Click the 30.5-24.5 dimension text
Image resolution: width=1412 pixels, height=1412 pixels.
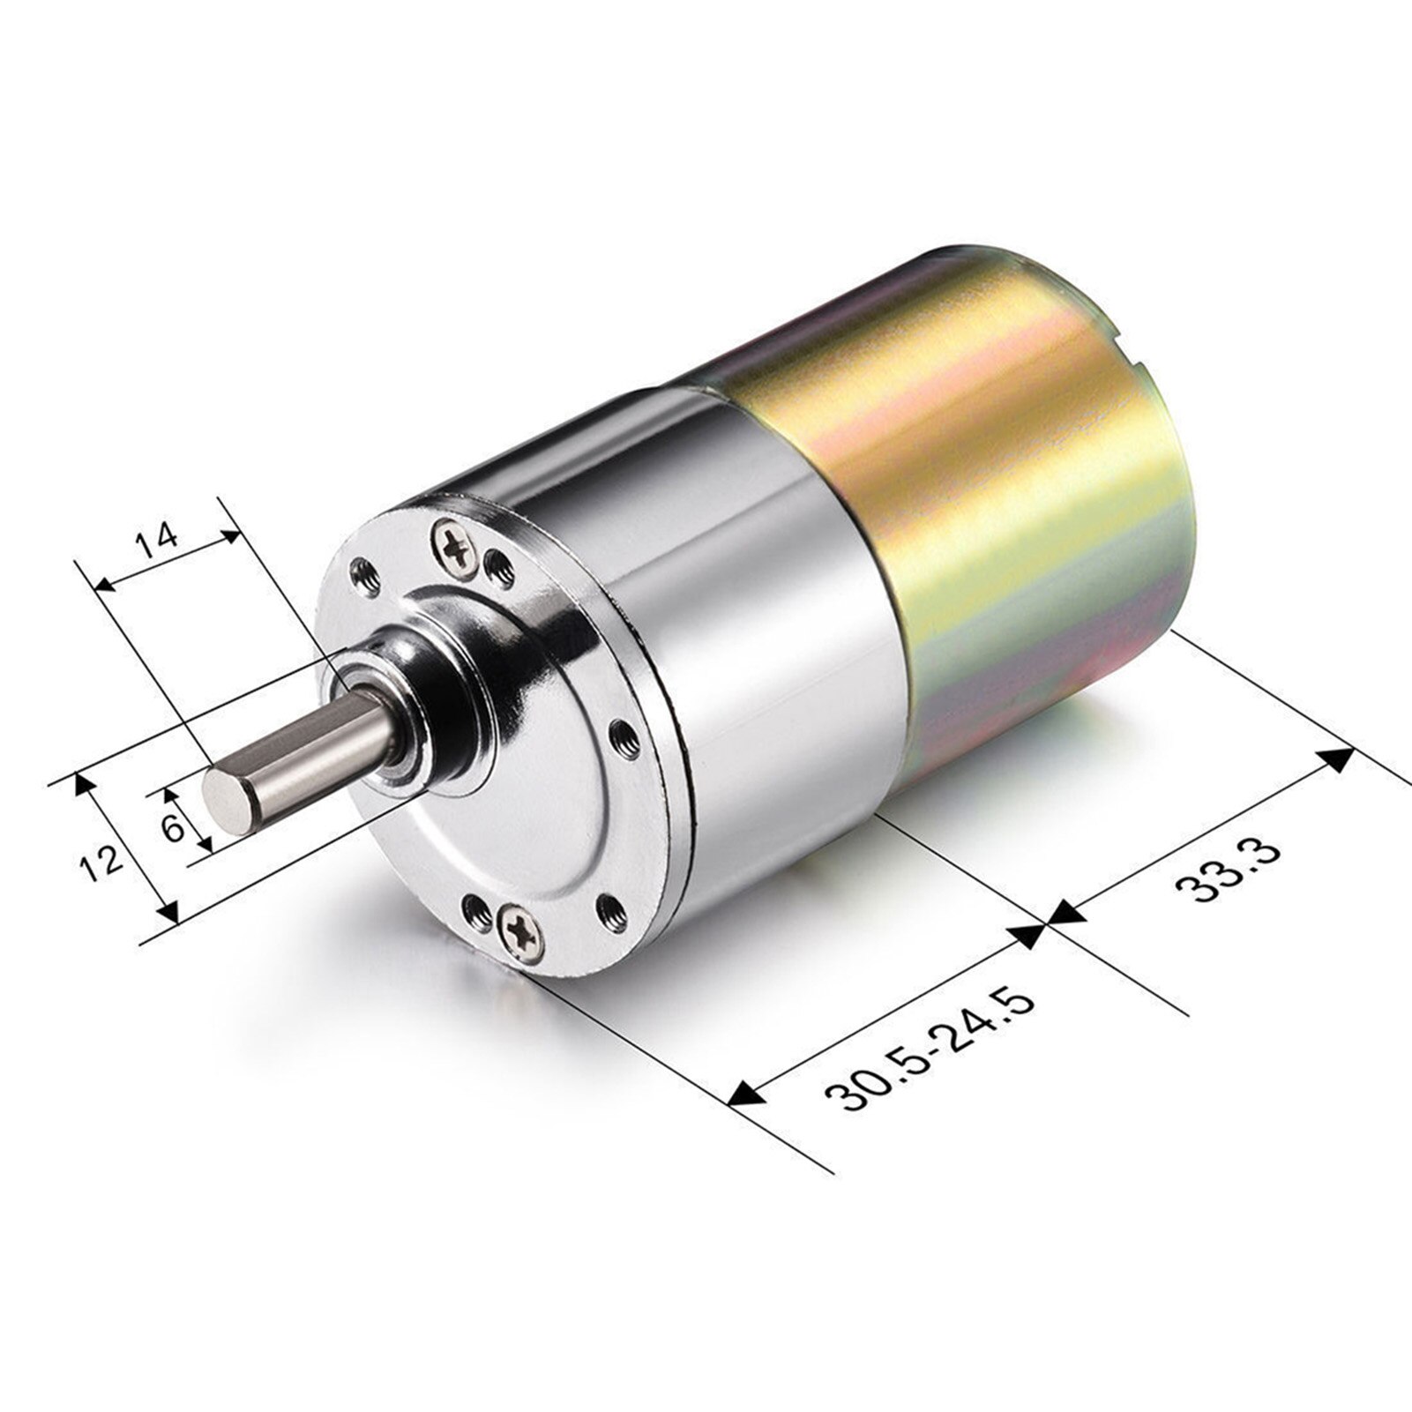click(928, 1048)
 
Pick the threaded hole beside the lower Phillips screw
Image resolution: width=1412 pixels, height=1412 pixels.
click(477, 908)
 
